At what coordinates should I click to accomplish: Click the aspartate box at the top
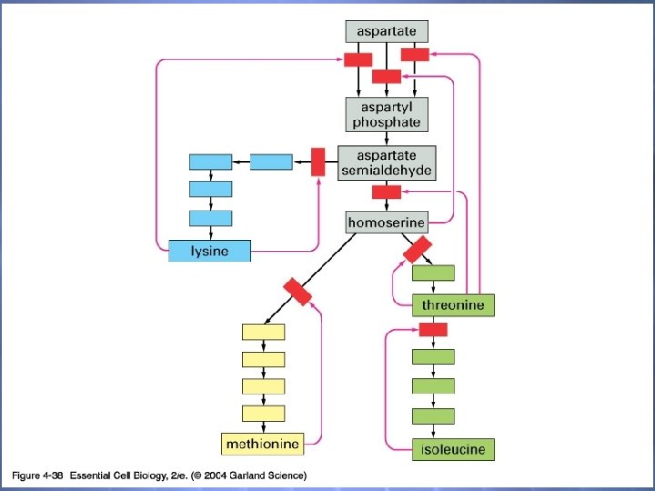tap(387, 31)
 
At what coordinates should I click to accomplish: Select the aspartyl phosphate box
tap(387, 115)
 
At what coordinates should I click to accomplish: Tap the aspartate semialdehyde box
tap(387, 163)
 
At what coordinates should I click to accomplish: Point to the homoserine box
tap(387, 221)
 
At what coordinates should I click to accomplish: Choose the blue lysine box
tap(209, 251)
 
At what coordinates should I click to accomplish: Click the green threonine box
tap(453, 305)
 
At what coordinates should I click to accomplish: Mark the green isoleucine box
tap(453, 448)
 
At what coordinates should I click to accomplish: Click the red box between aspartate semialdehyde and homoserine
tap(386, 192)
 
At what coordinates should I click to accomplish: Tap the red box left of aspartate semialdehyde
tap(317, 162)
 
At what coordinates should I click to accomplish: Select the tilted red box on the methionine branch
tap(297, 292)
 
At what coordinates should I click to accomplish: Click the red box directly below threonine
tap(433, 329)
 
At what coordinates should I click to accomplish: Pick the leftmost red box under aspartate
tap(357, 60)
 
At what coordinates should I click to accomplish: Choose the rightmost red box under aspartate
tap(415, 55)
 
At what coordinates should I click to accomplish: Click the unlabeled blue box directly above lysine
tap(209, 218)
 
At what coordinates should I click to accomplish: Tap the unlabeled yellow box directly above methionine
tap(263, 413)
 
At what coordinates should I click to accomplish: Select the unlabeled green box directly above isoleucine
tap(433, 416)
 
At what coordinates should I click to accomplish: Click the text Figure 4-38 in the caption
tap(36, 475)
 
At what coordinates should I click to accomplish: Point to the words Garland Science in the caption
tap(270, 475)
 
